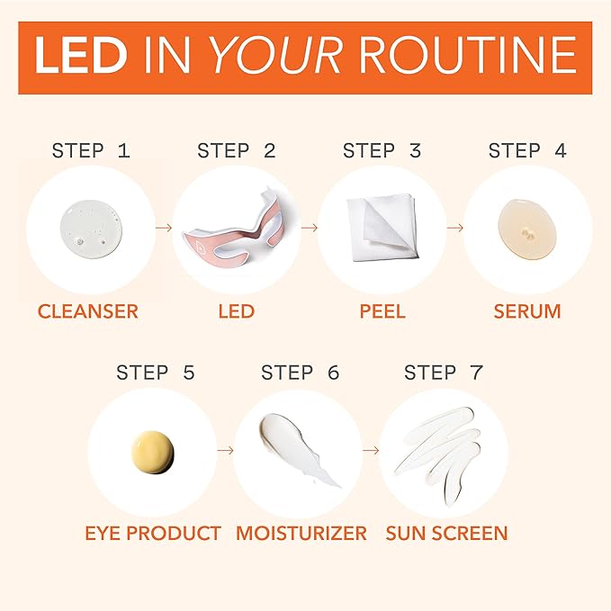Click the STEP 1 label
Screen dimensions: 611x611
pos(91,150)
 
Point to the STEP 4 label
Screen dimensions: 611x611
pos(527,150)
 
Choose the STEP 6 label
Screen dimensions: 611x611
pos(301,372)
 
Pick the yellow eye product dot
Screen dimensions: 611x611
pos(152,450)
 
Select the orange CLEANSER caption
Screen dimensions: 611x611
pos(88,312)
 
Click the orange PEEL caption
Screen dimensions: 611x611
pos(382,312)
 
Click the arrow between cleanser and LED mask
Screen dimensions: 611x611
pos(162,228)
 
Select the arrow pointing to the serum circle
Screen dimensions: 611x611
pos(454,228)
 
